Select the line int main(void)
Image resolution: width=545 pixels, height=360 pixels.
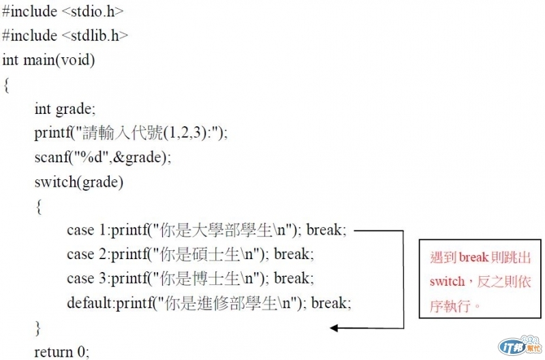click(x=48, y=60)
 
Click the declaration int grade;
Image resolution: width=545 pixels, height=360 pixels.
click(x=65, y=109)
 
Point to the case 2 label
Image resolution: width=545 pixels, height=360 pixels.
click(x=89, y=254)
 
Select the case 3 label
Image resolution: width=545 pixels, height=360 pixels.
click(x=89, y=278)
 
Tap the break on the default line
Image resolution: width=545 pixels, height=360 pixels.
click(x=330, y=303)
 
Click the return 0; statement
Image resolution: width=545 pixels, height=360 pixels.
click(x=61, y=352)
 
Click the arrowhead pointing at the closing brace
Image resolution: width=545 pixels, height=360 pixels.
click(x=334, y=328)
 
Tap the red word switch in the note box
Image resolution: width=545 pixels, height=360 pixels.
click(x=446, y=282)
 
